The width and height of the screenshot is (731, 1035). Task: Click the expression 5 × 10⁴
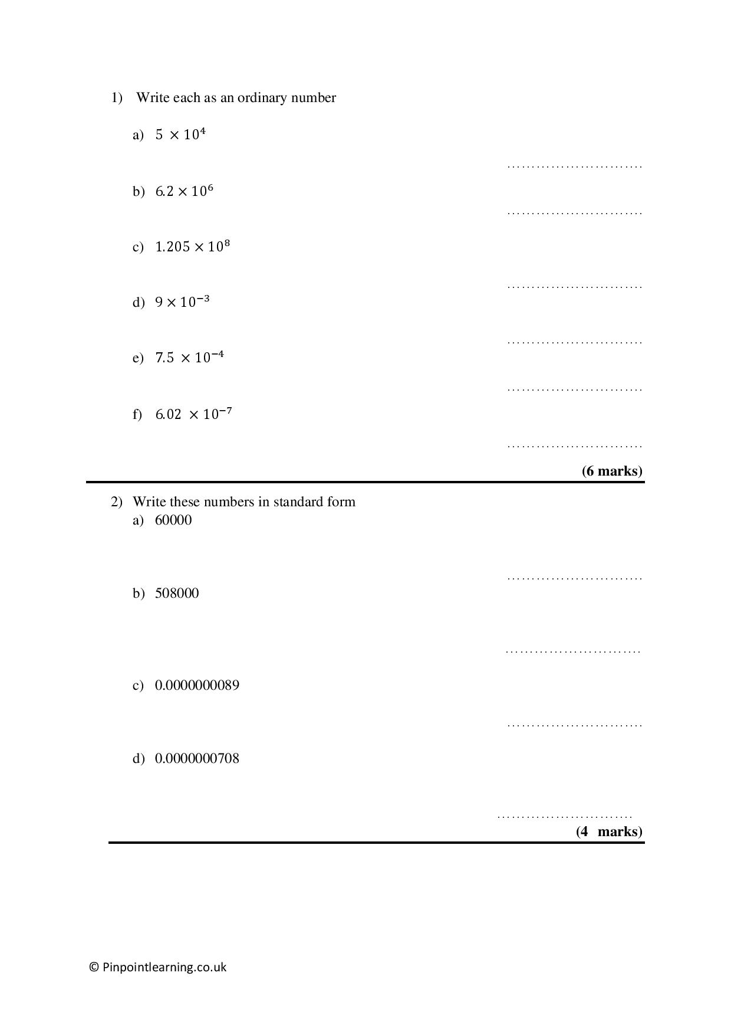[180, 135]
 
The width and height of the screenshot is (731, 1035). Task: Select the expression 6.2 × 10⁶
[184, 191]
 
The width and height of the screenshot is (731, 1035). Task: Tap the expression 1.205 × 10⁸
[192, 247]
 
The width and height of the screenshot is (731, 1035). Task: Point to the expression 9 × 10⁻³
[182, 302]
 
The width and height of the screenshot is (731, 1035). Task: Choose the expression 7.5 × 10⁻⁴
[189, 358]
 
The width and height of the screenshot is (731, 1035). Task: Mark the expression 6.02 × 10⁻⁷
[193, 414]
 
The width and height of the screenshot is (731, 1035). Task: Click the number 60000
[173, 520]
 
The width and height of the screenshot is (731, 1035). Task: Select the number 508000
[177, 593]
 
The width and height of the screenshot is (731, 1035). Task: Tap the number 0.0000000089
[197, 685]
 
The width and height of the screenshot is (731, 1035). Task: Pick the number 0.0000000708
[197, 758]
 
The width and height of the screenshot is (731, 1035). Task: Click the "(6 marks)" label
[612, 471]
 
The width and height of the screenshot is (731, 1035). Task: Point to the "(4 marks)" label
[609, 831]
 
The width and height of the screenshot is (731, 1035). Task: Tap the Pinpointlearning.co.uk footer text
[164, 967]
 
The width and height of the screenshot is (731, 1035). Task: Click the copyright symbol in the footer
[94, 967]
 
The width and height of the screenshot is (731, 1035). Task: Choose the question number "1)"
[117, 97]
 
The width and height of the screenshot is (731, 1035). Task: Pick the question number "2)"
[117, 502]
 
